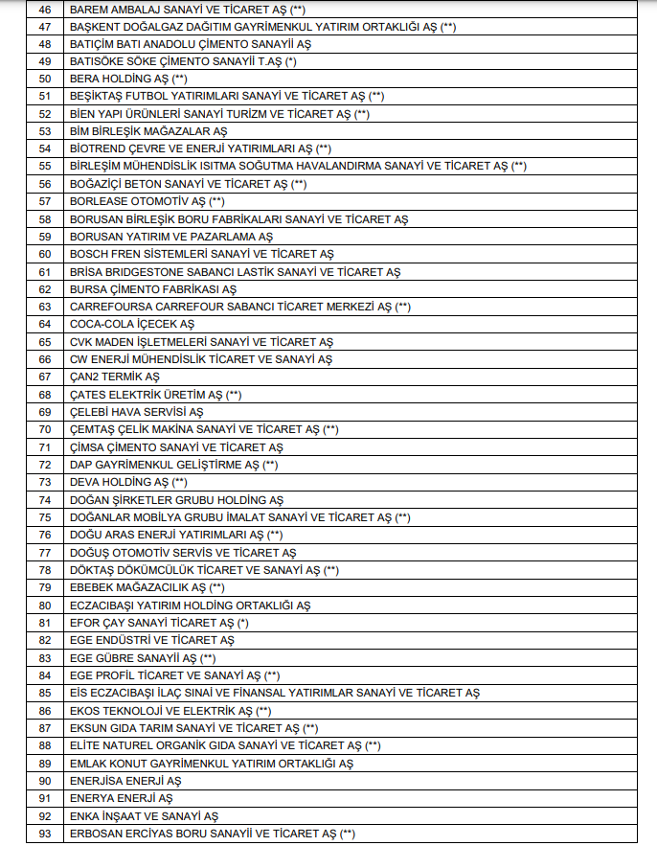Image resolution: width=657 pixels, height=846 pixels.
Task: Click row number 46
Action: tap(44, 9)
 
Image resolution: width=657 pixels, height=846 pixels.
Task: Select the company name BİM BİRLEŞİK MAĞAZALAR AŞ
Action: tap(148, 131)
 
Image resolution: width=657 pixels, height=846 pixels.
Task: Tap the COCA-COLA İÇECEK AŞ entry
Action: tap(131, 324)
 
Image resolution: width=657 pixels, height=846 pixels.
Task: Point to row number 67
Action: tap(44, 377)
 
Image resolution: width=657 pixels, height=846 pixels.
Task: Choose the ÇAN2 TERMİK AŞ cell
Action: tap(114, 377)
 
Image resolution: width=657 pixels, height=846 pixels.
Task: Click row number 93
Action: tap(44, 834)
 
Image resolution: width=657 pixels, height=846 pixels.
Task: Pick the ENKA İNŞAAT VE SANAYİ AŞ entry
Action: tap(144, 816)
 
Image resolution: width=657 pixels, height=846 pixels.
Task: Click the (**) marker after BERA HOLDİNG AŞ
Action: tap(179, 79)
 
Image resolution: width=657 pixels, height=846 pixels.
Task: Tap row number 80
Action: tap(44, 606)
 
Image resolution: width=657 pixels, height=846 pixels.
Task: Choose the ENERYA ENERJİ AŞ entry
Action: tap(121, 798)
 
